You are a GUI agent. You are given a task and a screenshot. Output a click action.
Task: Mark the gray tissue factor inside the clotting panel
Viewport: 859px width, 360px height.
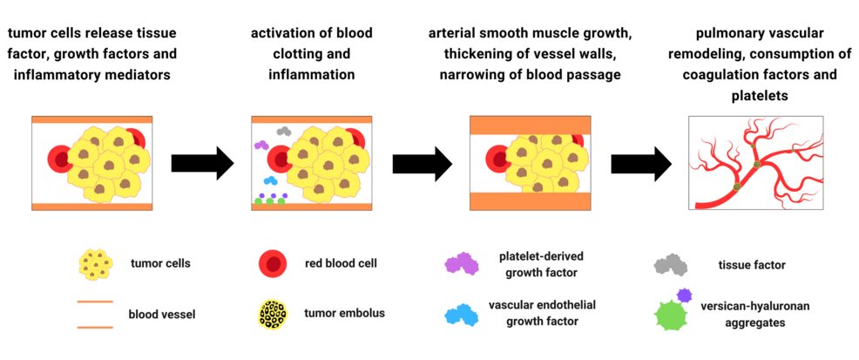(x=283, y=131)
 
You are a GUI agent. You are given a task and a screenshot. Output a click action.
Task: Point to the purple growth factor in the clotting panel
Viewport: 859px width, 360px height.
(x=260, y=145)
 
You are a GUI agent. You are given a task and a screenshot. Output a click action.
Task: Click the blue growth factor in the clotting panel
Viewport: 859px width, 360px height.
(x=270, y=180)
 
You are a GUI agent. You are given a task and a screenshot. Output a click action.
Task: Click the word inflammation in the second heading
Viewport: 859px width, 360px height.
(x=311, y=75)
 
